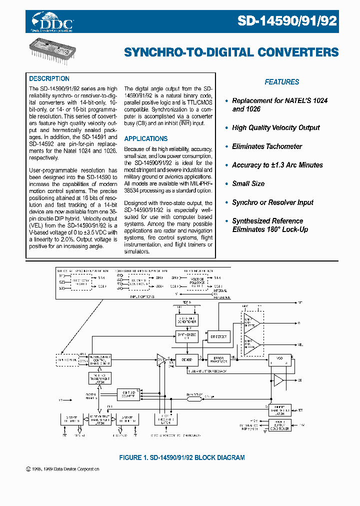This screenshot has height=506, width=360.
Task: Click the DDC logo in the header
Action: pyautogui.click(x=52, y=22)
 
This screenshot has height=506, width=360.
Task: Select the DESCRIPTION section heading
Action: pyautogui.click(x=49, y=78)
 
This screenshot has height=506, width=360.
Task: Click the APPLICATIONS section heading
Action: pyautogui.click(x=146, y=138)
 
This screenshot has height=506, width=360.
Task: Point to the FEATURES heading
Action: pyautogui.click(x=281, y=82)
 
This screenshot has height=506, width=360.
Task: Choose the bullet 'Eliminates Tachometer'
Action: pyautogui.click(x=267, y=146)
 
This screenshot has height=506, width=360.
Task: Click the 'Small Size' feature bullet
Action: pyautogui.click(x=248, y=183)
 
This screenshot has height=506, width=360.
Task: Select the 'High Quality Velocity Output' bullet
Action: pyautogui.click(x=275, y=127)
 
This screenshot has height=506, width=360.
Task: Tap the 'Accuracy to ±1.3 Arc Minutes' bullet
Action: pyautogui.click(x=277, y=165)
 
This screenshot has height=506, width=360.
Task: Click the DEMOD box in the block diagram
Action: pyautogui.click(x=187, y=358)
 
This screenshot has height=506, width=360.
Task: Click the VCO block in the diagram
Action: pyautogui.click(x=279, y=358)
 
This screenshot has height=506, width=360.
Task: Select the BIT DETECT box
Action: pyautogui.click(x=217, y=337)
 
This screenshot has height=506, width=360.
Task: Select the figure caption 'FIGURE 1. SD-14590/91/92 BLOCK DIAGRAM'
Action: pyautogui.click(x=181, y=457)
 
